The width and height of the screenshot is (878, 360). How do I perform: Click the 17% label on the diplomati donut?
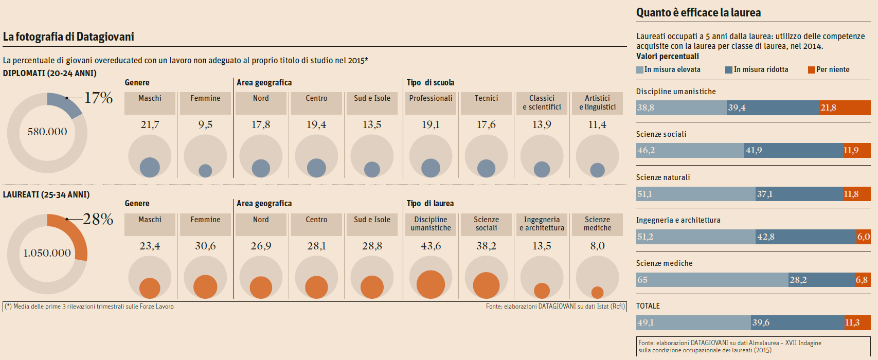[x=98, y=98]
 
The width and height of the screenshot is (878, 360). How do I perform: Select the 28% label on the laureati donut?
[x=98, y=219]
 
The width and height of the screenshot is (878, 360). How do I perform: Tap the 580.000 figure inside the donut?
[x=47, y=132]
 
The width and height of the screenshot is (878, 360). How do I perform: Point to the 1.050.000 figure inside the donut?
[x=47, y=253]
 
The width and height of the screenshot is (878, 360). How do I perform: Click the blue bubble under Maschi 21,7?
[x=150, y=167]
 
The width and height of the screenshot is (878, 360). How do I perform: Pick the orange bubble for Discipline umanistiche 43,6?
[x=431, y=284]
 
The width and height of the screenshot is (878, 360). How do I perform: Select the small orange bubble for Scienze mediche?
[x=597, y=292]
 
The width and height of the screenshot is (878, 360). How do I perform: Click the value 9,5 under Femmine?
[x=205, y=124]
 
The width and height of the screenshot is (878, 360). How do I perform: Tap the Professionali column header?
[x=431, y=98]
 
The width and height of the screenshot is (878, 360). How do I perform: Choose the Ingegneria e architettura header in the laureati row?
[x=542, y=224]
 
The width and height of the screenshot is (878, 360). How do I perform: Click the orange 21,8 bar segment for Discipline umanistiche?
[x=845, y=107]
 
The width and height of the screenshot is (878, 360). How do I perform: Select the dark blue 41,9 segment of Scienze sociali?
[x=793, y=150]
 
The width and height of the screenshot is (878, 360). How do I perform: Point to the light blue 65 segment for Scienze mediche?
[x=712, y=280]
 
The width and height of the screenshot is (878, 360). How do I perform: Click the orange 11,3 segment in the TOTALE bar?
[x=857, y=322]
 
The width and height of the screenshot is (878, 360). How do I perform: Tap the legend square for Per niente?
[x=812, y=70]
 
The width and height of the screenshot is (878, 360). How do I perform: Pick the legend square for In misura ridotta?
[x=729, y=70]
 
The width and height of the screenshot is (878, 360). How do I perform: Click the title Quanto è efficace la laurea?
[x=698, y=12]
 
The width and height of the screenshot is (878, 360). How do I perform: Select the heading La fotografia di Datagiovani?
[x=68, y=37]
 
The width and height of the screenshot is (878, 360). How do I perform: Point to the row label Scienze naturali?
[x=663, y=177]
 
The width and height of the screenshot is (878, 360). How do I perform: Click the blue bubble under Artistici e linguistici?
[x=597, y=170]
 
